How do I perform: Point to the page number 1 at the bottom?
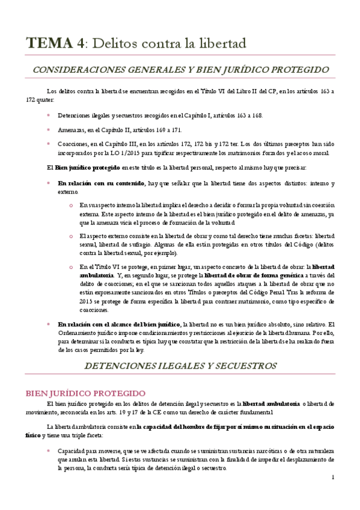[x=332, y=478]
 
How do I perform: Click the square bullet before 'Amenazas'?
[x=49, y=129]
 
